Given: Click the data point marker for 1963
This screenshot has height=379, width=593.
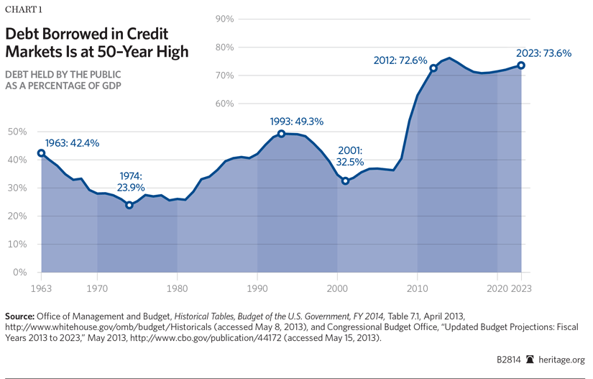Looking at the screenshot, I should pos(41,153).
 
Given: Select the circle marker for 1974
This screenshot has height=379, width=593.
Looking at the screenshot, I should pos(129,205).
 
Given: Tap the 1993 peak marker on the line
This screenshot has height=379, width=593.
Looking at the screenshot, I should pos(282,134).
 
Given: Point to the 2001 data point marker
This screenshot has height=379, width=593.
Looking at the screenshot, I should pos(346,181).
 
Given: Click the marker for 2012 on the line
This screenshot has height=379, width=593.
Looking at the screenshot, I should pos(433,68).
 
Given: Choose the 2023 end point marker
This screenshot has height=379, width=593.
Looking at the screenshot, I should pos(521,65).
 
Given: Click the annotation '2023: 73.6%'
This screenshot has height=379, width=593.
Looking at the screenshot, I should pos(543,52).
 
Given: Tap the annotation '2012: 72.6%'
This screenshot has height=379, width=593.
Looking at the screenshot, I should pos(400,60).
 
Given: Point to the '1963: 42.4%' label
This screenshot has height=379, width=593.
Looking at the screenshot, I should pos(73,142).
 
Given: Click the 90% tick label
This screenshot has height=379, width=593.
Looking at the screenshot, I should pos(224,19).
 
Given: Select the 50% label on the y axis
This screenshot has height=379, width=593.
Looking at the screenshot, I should pos(17,132).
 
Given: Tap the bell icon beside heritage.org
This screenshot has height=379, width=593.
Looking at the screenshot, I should pos(531,360).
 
